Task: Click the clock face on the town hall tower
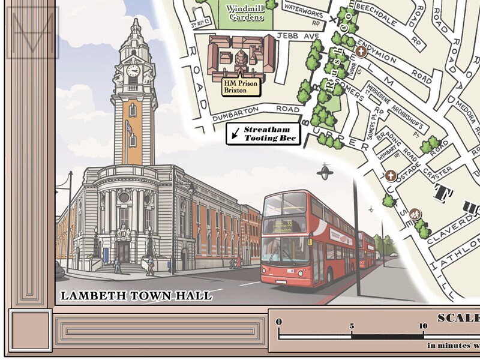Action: tap(133, 70)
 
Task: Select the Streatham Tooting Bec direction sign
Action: tap(263, 134)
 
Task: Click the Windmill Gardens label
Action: tap(245, 13)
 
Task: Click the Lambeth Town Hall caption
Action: tap(136, 295)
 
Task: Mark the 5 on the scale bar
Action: tap(352, 326)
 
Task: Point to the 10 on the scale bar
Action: tap(424, 326)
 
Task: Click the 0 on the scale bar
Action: tap(279, 322)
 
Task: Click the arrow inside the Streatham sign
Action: tap(236, 134)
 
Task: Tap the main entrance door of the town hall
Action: tap(123, 251)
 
